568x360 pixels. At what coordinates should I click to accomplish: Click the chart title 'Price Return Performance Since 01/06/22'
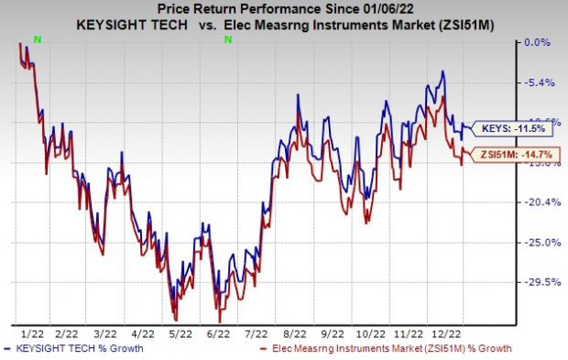pos(281,10)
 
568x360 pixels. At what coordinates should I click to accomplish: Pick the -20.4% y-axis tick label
pos(532,202)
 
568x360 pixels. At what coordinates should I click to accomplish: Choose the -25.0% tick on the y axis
pos(532,243)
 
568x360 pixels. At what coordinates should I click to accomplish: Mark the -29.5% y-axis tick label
pos(532,283)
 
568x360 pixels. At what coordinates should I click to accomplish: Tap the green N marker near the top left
pos(37,38)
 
